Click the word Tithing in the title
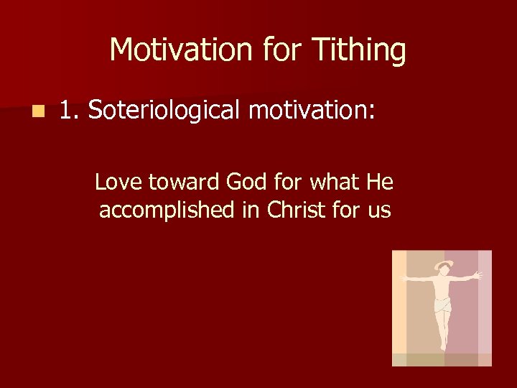point(359,51)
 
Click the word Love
point(118,183)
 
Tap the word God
point(246,183)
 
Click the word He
point(380,183)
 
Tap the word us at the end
point(378,211)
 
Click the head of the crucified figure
point(444,268)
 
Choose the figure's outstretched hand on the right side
point(478,274)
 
